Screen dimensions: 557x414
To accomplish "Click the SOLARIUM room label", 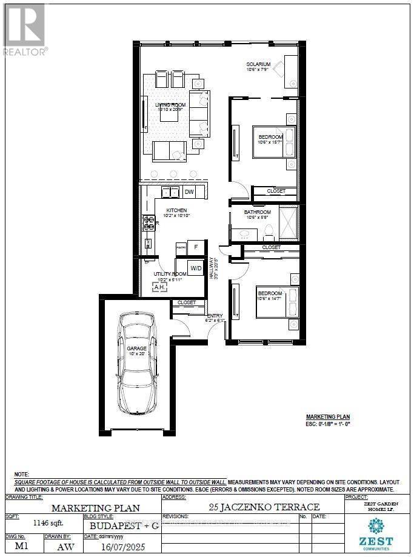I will pos(258,64).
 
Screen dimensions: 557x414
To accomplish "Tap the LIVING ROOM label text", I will pos(172,105).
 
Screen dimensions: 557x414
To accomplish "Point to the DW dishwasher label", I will pos(190,192).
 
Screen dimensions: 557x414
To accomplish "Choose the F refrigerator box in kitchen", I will pos(196,247).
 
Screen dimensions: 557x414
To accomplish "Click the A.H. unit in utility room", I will pos(159,287).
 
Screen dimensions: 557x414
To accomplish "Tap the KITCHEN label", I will pos(169,210).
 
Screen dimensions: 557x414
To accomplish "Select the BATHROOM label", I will pos(257,212).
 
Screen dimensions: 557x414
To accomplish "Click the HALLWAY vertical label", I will pos(213,268).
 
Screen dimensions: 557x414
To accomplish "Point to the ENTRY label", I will pos(215,316).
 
